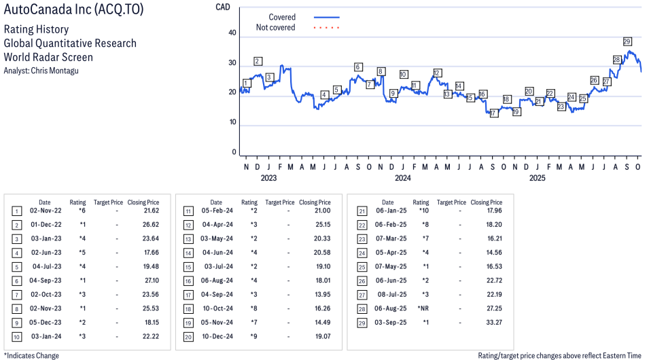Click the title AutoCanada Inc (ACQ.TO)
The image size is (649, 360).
point(73,11)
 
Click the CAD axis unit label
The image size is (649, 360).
point(222,7)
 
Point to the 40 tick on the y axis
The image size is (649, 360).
point(232,33)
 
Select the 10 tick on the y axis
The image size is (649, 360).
point(232,122)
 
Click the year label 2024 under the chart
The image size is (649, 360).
point(403,179)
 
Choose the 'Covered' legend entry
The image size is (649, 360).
point(282,17)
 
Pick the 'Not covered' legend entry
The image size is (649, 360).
point(275,28)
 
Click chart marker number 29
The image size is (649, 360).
point(627,41)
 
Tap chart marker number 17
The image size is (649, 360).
point(494,113)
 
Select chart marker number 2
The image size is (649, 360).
point(258,61)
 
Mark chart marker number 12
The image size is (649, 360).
point(437,73)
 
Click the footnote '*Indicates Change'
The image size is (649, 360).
point(31,355)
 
